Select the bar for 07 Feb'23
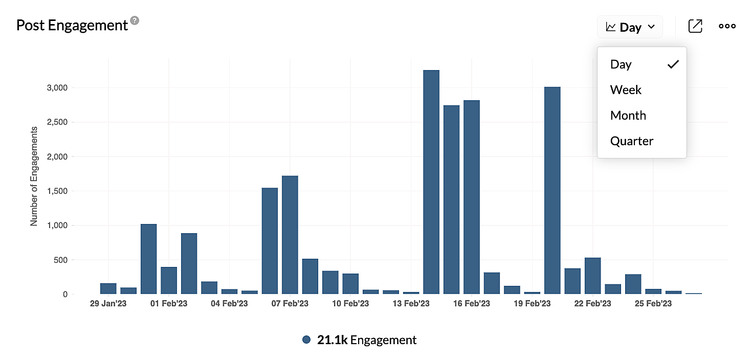pos(290,235)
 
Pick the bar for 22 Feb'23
pos(592,276)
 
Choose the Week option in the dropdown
pos(626,90)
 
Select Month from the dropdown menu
pos(628,116)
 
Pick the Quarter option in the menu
pos(632,141)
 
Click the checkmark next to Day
pos(673,64)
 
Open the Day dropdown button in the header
pos(630,27)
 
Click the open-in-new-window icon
pos(695,27)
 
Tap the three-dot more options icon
pos(727,27)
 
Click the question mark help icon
pos(135,21)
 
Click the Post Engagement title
pos(72,25)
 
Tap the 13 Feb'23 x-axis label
pos(411,304)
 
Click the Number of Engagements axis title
pos(34,176)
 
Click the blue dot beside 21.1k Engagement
pos(306,340)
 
